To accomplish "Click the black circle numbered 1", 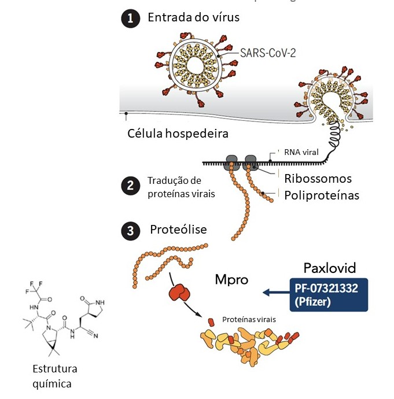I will pyautogui.click(x=130, y=19).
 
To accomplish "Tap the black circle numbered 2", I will pyautogui.click(x=130, y=186).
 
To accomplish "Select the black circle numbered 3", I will pyautogui.click(x=130, y=231).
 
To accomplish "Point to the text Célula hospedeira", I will pyautogui.click(x=178, y=134).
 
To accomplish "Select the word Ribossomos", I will pyautogui.click(x=318, y=178).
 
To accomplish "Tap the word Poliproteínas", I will pyautogui.click(x=321, y=195).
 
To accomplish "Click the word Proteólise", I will pyautogui.click(x=178, y=230).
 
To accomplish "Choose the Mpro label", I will pyautogui.click(x=229, y=280).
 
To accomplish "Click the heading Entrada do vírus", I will pyautogui.click(x=193, y=18).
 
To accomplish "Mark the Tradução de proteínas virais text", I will pyautogui.click(x=181, y=187).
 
